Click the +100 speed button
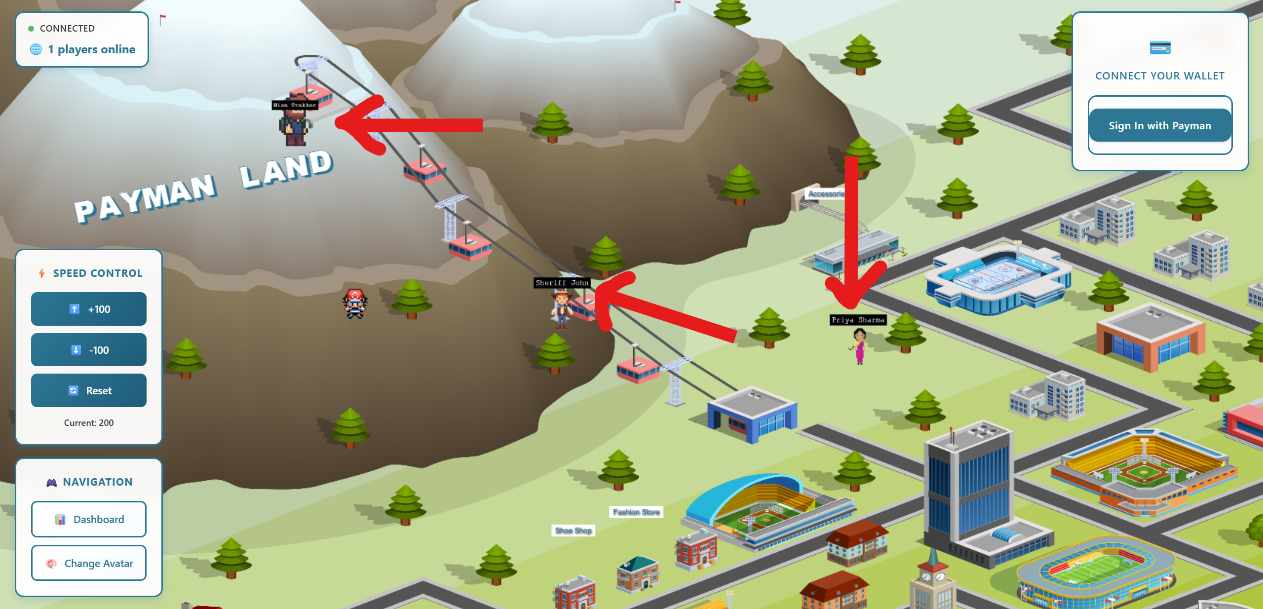pos(89,309)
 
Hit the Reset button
pos(89,390)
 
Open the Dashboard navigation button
pos(89,519)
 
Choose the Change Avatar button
pos(89,563)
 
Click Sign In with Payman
pos(1159,125)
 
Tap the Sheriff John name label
pos(562,283)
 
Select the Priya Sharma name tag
pos(858,320)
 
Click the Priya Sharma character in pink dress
pos(859,346)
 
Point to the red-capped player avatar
pos(355,304)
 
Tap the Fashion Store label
pos(636,512)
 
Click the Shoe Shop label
pos(573,531)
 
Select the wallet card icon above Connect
pos(1160,48)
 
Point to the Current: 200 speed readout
pos(89,423)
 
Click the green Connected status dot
pos(31,29)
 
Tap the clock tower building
pos(932,582)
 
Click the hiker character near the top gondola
pos(295,126)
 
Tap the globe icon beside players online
pos(36,49)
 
